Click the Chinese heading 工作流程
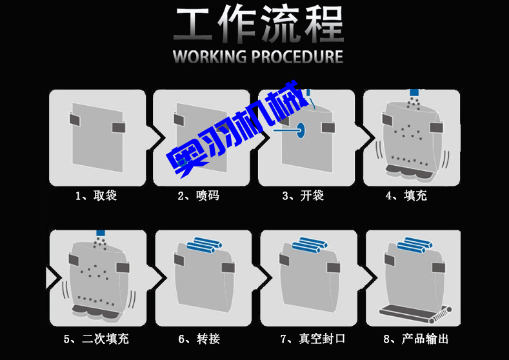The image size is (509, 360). coord(258,25)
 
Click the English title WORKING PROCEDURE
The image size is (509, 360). coord(258,57)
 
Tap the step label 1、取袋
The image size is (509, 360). coord(96,195)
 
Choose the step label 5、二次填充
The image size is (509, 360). coord(96,339)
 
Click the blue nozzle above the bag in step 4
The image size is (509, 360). coord(414,93)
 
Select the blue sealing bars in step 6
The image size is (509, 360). coord(204,245)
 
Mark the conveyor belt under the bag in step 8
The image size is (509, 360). coord(413,314)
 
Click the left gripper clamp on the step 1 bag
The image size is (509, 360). coord(74,119)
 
